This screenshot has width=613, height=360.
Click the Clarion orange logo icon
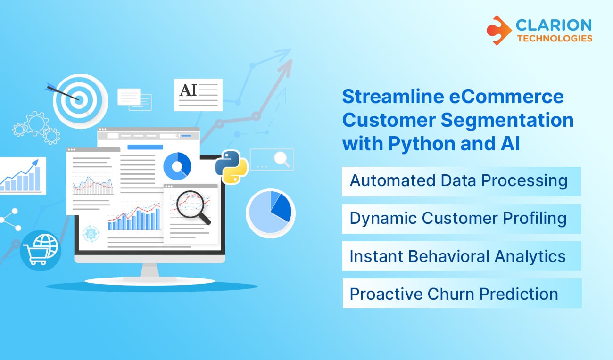(x=499, y=30)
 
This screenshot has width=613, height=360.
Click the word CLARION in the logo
(x=554, y=25)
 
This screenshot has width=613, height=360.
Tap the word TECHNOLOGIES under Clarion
(x=555, y=38)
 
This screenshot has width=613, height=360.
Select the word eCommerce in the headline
(x=506, y=97)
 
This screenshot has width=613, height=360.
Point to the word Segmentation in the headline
(x=507, y=121)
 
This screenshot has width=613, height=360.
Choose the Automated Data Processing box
(x=461, y=181)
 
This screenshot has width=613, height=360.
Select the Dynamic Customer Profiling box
(x=461, y=219)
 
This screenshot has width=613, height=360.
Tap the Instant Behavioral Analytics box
(x=461, y=256)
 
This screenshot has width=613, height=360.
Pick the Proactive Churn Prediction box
(x=462, y=294)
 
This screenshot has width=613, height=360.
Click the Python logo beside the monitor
(x=231, y=167)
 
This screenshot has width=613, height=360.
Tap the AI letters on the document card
(x=188, y=90)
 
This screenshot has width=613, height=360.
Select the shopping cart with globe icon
(x=41, y=251)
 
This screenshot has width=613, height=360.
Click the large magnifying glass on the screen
(x=193, y=206)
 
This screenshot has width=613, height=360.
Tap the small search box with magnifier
(x=272, y=159)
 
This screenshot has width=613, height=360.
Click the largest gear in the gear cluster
(x=36, y=123)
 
